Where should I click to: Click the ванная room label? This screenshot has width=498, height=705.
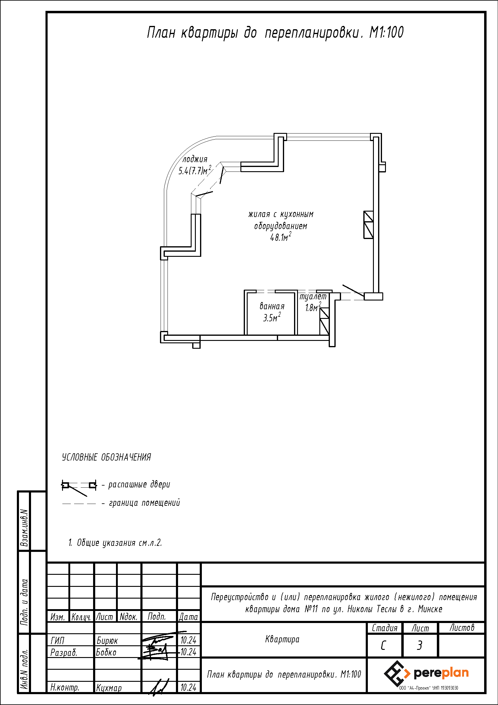coord(272,306)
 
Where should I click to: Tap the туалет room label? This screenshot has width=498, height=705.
coord(313,297)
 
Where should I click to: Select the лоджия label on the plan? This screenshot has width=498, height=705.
coord(195,159)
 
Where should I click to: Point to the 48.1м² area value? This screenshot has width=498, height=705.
coord(280,237)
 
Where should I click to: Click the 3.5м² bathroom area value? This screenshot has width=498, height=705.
coord(272,317)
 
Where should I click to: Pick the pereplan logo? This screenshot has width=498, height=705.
coord(427,673)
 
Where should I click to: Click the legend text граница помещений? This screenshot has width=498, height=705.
coord(144,503)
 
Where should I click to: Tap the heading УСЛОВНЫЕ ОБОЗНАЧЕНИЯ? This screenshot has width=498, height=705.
coord(106,457)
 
